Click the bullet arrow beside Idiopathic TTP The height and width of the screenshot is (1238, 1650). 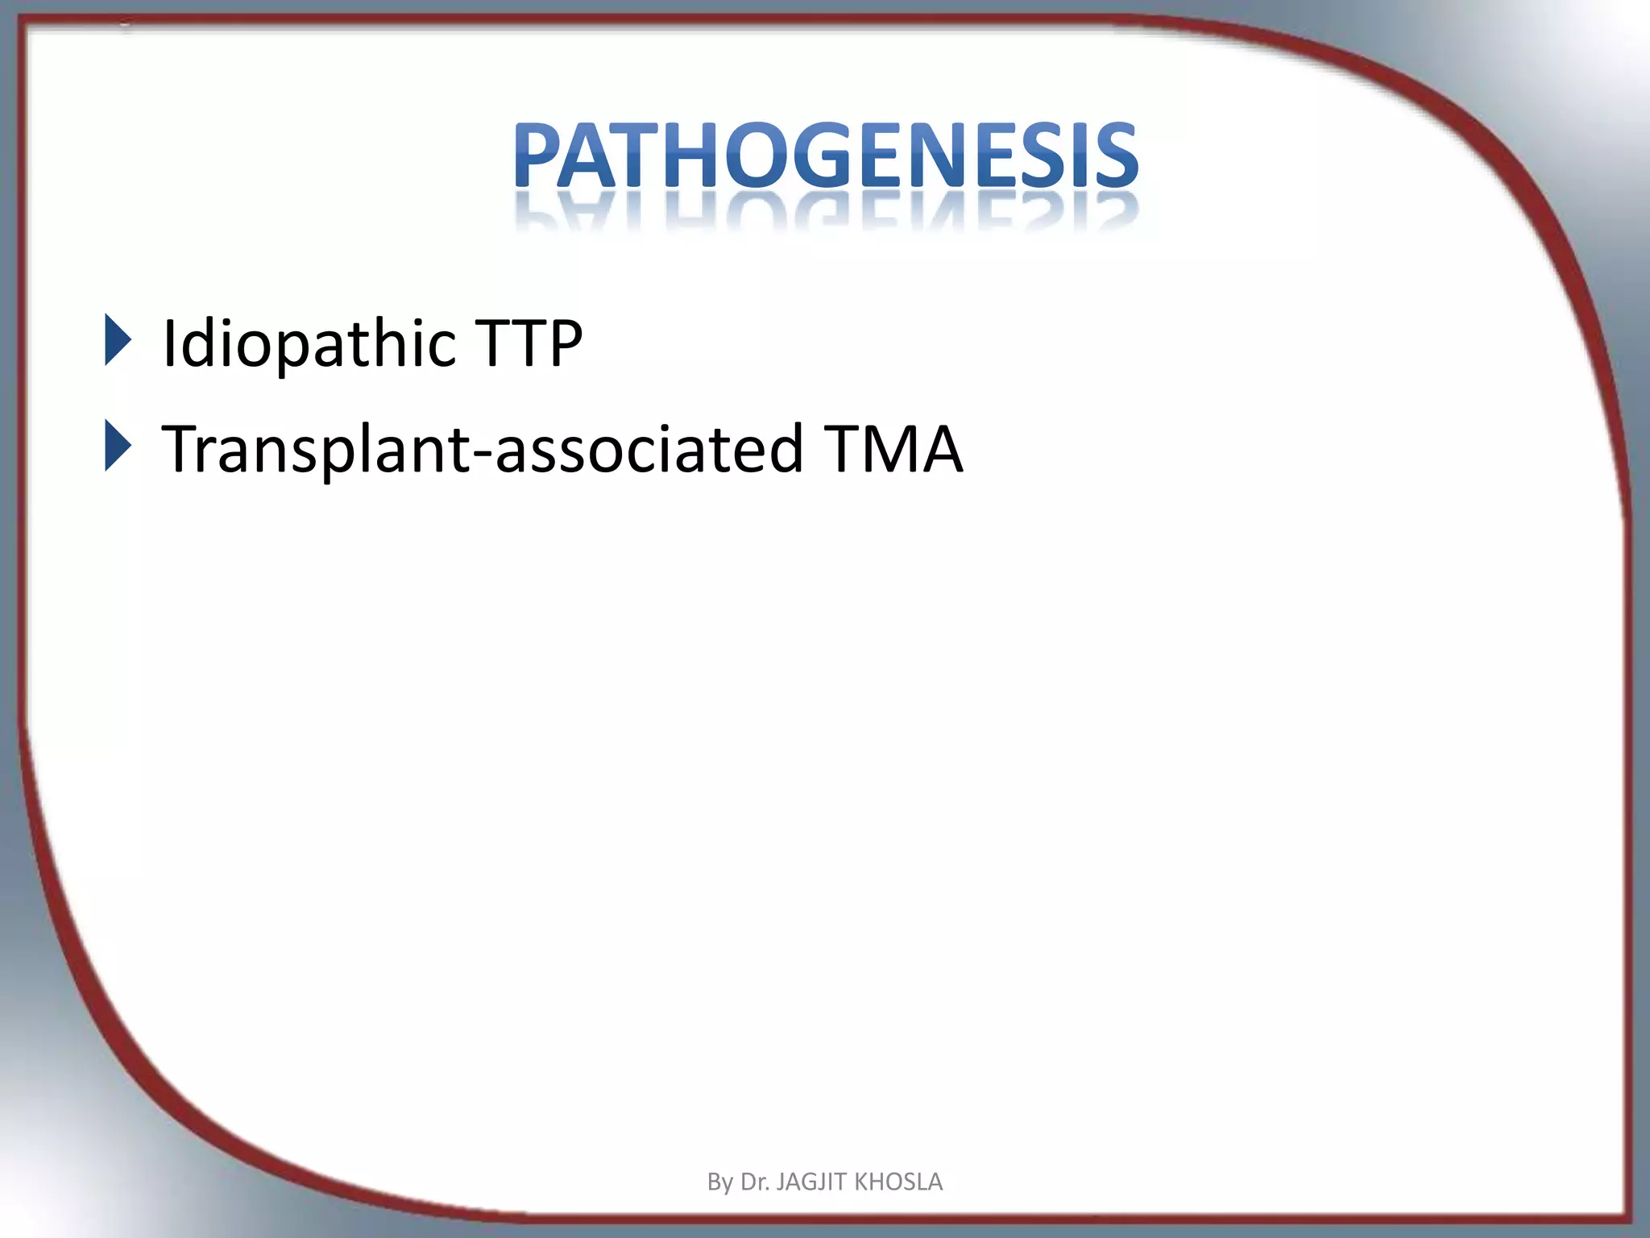click(118, 340)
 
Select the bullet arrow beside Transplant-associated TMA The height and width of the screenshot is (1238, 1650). click(118, 447)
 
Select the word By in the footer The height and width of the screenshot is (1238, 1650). click(719, 1182)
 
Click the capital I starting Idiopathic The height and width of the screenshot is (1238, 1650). click(170, 343)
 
